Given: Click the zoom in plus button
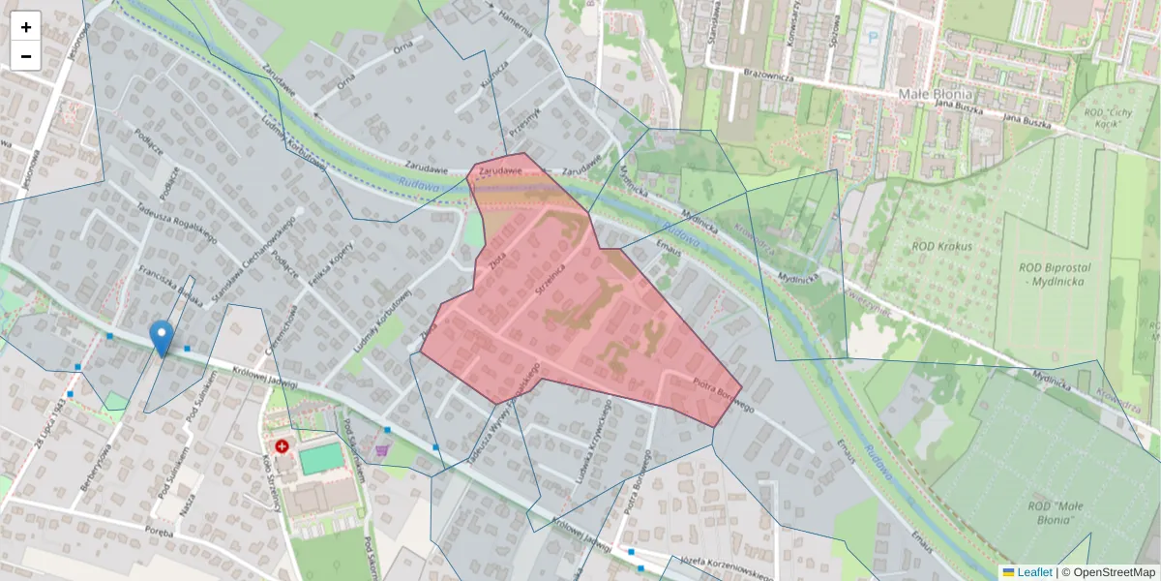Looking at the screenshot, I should coord(26,27).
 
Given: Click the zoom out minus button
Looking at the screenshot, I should coord(26,56).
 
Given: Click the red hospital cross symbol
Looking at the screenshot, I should coord(282,447).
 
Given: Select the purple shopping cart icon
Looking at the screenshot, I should coord(383,449).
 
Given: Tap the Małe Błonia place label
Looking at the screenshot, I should coord(935,94).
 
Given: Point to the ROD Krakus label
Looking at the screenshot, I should coord(941,246).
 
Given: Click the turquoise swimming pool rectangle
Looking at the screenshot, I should coord(320,458).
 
